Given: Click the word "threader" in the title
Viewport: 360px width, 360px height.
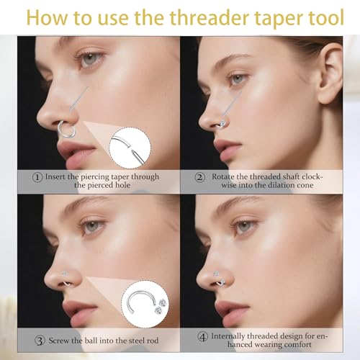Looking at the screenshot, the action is pos(210,17).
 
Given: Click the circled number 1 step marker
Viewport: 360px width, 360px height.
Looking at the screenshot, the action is pos(37,177).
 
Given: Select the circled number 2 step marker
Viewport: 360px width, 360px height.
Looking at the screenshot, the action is pos(199,177).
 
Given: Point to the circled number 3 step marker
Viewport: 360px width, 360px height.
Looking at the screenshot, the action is pos(40,341).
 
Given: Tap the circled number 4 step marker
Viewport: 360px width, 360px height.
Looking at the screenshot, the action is pos(202,336).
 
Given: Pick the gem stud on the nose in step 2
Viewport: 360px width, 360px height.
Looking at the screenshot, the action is pos(222,124).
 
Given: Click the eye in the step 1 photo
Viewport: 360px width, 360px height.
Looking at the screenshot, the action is pos(90,59).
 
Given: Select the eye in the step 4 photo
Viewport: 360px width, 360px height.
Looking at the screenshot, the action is pos(243,227).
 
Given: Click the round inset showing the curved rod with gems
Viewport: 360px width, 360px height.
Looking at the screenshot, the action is pos(145,304).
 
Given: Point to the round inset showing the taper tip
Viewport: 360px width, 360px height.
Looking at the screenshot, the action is pos(130,148).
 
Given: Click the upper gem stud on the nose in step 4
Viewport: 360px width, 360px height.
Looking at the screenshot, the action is pos(216,274).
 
